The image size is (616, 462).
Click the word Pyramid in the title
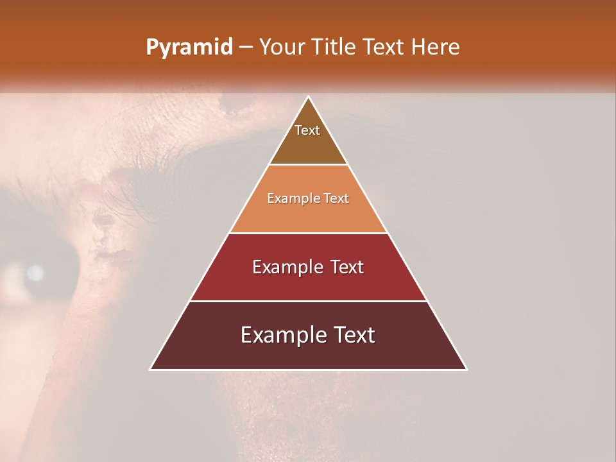pos(189,47)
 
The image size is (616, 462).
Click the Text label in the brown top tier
pos(307,130)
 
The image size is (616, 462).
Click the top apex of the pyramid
pos(308,96)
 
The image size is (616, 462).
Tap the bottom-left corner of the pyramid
pos(150,370)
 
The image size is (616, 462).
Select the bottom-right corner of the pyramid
pos(466,370)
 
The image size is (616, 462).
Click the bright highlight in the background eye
pos(35,273)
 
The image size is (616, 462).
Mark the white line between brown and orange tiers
pos(308,165)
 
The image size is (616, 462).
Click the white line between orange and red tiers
pos(308,233)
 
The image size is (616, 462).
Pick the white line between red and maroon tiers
pos(308,301)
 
